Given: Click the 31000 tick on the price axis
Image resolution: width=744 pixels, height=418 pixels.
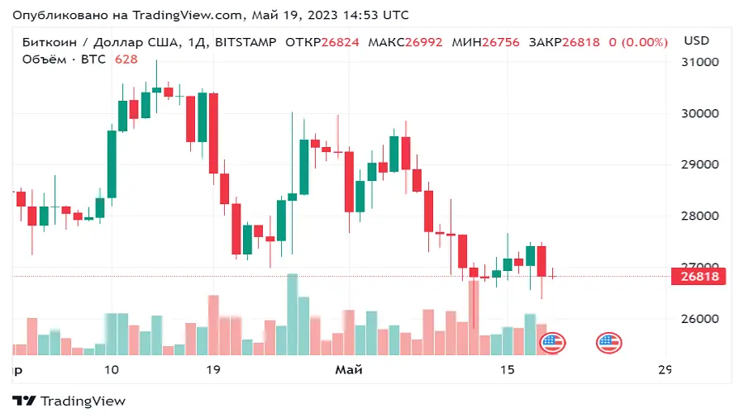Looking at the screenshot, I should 699,62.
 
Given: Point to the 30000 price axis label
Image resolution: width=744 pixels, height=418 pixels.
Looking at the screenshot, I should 699,113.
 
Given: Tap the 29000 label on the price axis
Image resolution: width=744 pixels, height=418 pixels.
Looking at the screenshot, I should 699,164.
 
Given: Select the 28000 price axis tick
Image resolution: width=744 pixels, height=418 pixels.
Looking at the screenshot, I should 699,216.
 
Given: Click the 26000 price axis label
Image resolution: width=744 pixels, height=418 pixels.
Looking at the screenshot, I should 699,319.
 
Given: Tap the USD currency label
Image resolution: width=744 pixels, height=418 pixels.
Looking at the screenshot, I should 697,40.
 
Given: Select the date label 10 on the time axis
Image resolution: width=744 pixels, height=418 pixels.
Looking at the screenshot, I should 112,369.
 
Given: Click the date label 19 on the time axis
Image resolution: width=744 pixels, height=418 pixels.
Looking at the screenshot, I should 212,369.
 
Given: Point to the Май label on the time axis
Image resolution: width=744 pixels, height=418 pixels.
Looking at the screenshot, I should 349,369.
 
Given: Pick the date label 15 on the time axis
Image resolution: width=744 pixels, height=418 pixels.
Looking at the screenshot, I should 508,369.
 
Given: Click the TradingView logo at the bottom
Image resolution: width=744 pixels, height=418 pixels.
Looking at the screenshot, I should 69,401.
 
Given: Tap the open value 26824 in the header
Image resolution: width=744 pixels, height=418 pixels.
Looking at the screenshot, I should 340,41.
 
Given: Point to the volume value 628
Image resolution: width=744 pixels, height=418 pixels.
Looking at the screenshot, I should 126,59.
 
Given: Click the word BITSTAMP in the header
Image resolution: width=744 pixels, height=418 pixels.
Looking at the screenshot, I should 246,41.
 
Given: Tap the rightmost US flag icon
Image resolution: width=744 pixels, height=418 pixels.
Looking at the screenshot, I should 609,342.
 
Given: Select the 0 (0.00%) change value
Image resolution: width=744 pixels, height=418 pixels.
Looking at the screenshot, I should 637,41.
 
